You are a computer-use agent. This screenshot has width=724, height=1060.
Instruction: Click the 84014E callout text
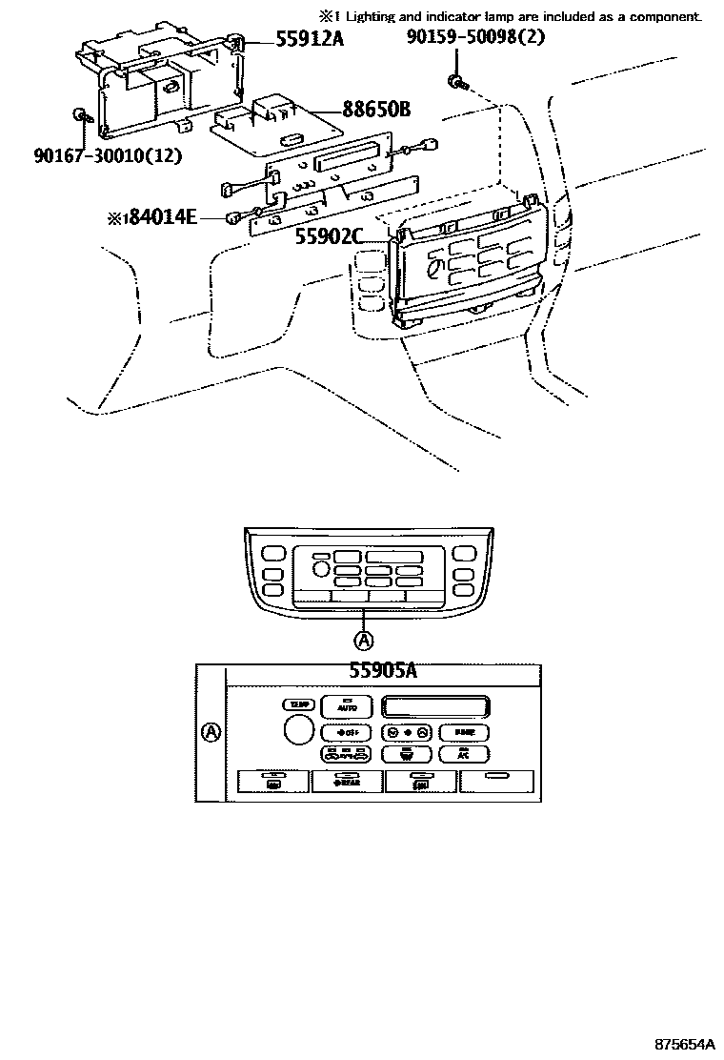coord(159,218)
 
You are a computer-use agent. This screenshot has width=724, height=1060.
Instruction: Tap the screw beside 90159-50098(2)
coord(459,82)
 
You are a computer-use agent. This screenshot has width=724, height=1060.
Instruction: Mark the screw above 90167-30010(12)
coord(81,116)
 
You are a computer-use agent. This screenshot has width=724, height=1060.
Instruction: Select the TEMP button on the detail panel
coord(298,704)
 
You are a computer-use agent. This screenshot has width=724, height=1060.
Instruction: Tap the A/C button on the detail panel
coord(464,753)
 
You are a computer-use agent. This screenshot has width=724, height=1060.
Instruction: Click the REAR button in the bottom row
coord(347,782)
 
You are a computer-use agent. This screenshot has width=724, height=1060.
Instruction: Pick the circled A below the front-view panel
coord(364,639)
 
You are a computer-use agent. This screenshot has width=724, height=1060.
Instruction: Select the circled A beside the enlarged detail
coord(211,732)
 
